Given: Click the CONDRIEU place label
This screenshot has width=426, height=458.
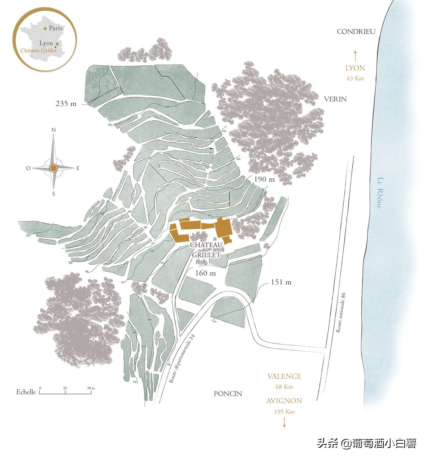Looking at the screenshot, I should click(356, 32).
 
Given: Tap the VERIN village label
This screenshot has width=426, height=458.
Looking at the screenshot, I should click(335, 99).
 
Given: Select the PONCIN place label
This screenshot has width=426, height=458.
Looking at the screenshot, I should click(228, 394).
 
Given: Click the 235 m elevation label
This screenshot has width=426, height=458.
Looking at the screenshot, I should click(66, 104).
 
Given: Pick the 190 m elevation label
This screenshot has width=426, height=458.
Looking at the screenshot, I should click(264, 179).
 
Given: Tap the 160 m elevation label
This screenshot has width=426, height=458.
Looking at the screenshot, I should click(206, 273).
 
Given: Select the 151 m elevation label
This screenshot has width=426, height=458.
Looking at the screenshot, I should click(281, 282).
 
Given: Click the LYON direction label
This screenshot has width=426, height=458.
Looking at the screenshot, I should click(355, 68).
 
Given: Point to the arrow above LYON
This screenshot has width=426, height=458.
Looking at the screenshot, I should click(355, 56).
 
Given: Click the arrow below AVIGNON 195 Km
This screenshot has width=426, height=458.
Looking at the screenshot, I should click(284, 422).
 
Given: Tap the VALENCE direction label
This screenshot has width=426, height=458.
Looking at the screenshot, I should click(284, 376).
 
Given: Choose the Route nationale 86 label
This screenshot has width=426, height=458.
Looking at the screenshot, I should click(341, 313).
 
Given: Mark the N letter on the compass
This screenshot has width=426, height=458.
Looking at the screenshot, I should click(54, 130).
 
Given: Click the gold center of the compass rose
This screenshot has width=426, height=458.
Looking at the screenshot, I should click(53, 168).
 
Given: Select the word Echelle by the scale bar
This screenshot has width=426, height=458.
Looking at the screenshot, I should click(26, 392).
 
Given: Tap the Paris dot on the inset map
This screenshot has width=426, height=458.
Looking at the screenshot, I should click(45, 28).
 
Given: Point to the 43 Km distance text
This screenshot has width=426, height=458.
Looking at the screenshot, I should click(355, 79).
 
